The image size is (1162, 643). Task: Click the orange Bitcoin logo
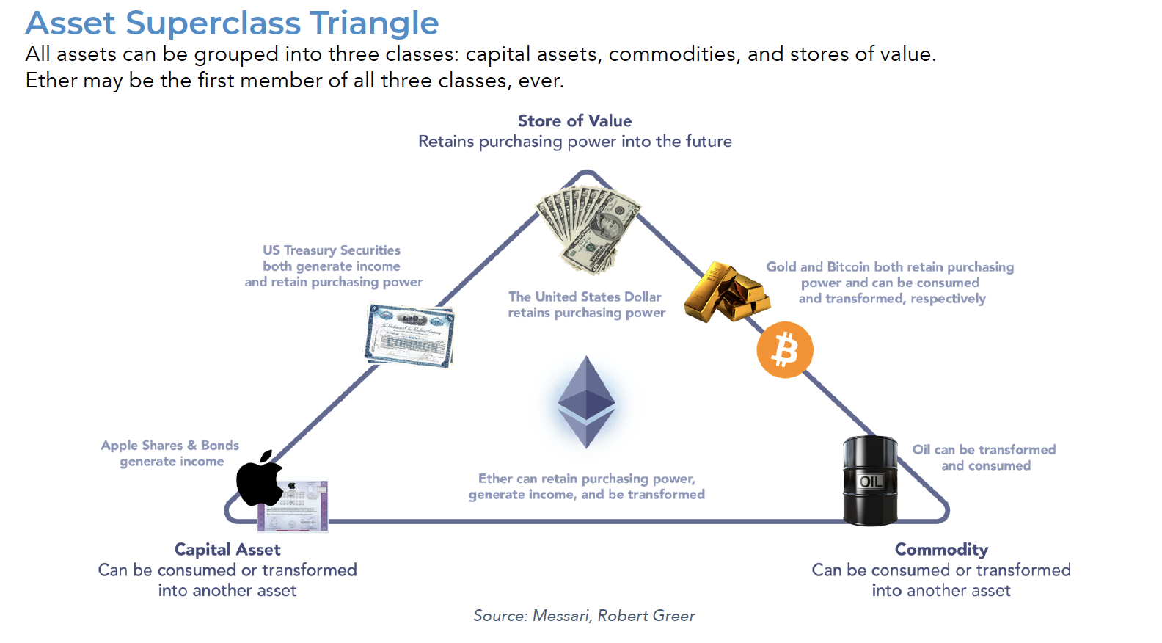coord(785,350)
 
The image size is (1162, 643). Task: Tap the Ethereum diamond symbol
coord(586,402)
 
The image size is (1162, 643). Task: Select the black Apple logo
coord(259,479)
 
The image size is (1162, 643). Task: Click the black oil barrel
coord(870,481)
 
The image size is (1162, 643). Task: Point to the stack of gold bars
coord(726,293)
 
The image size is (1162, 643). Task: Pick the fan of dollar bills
coord(588,228)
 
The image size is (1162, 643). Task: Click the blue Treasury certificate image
coord(410,335)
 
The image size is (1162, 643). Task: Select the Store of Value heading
coord(574,121)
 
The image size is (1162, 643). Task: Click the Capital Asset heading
coord(227,550)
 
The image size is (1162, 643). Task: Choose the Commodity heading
coord(941,550)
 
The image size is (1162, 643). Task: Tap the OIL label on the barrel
coord(871,482)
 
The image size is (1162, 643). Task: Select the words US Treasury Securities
coord(332,250)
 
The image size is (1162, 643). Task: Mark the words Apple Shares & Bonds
coord(170,446)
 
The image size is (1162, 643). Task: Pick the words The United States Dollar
coord(585,297)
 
